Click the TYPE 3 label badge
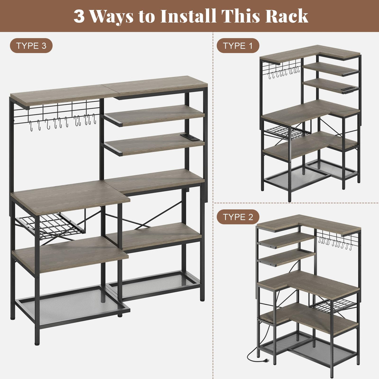pyautogui.click(x=31, y=46)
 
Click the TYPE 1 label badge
pyautogui.click(x=238, y=46)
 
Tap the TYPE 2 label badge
pyautogui.click(x=238, y=217)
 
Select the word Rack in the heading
pyautogui.click(x=287, y=16)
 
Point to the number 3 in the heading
pyautogui.click(x=79, y=16)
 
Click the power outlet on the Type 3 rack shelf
pyautogui.click(x=188, y=136)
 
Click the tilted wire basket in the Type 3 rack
pyautogui.click(x=50, y=225)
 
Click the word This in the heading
pyautogui.click(x=240, y=16)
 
